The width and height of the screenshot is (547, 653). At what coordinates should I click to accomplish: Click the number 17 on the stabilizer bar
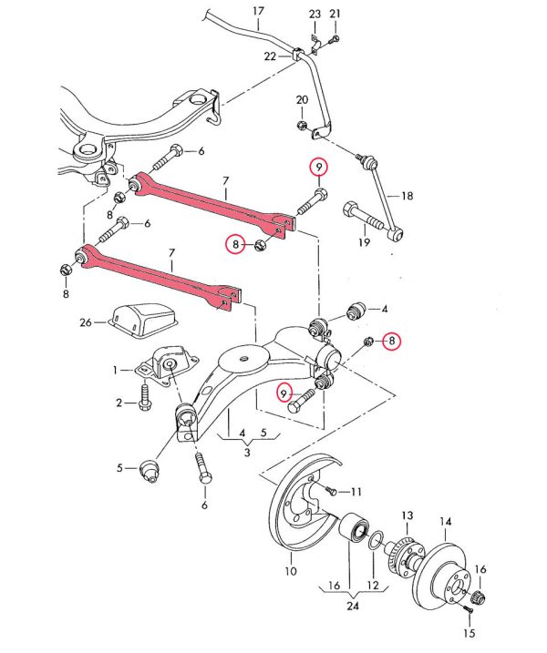pos(257,12)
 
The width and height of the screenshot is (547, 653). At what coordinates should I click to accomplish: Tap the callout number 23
pos(315,15)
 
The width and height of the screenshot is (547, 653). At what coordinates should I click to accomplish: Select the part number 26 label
pos(85,321)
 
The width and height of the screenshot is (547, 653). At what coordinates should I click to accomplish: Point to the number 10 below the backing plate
pos(290,572)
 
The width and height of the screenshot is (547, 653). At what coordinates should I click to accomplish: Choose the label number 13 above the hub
pos(408,515)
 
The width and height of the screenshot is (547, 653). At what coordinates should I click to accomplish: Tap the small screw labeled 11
pos(333,492)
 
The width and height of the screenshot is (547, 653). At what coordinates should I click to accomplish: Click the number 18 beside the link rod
pos(408,195)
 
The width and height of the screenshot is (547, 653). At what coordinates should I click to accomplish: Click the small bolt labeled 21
pos(334,39)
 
